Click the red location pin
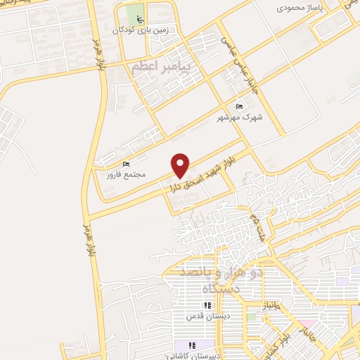[181, 165]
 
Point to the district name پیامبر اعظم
[166, 67]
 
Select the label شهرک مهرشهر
[242, 117]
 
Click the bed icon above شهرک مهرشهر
[240, 106]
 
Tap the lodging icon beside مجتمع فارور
[126, 165]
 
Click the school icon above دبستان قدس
[207, 305]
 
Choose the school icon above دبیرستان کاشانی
[181, 345]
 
